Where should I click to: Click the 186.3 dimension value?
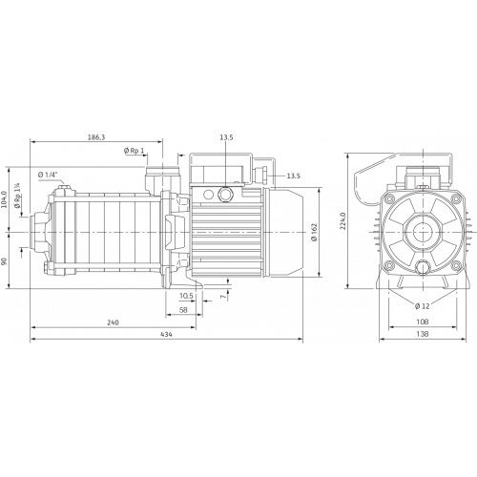[96, 137]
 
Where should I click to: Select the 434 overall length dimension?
[166, 334]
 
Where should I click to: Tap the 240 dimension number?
[113, 322]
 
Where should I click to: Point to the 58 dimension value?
[183, 310]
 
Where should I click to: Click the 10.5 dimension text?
[186, 296]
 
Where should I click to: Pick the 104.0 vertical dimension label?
[4, 199]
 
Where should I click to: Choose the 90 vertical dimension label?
[4, 261]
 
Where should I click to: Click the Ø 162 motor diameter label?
[315, 232]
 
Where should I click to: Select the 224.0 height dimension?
[342, 220]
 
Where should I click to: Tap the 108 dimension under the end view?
[423, 321]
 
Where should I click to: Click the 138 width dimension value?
[423, 334]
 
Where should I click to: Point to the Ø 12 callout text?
[423, 306]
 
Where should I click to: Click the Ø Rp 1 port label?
[134, 151]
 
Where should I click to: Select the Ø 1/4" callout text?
[48, 175]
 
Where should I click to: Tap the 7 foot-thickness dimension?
[224, 296]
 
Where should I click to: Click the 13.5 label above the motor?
[226, 137]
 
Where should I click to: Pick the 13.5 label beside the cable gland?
[293, 176]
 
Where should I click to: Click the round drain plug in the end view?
[423, 267]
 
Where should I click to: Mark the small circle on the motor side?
[209, 194]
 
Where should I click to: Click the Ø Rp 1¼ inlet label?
[17, 197]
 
